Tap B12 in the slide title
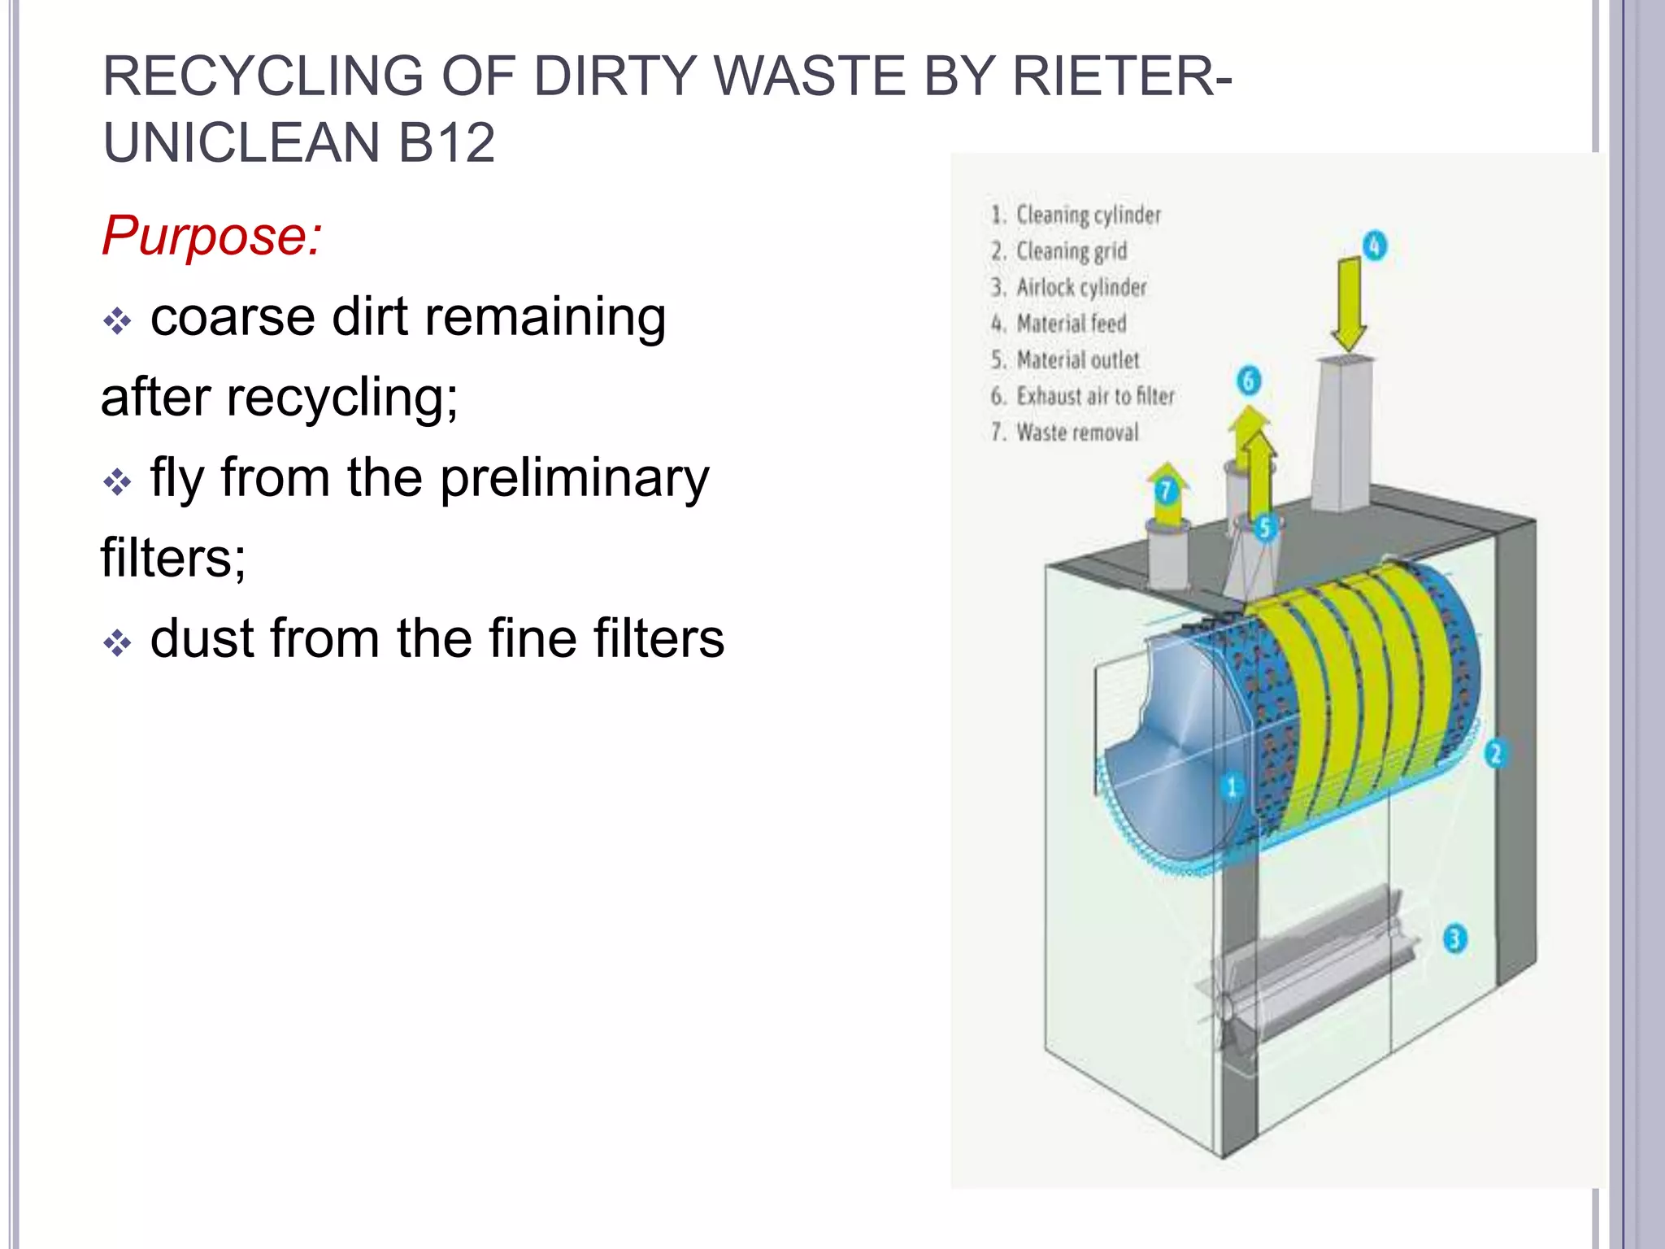[x=446, y=143]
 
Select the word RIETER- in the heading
[x=1122, y=76]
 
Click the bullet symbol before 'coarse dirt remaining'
[x=117, y=321]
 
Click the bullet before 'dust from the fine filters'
[x=117, y=643]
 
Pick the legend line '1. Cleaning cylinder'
[x=1076, y=215]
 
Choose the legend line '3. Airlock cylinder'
[x=1068, y=287]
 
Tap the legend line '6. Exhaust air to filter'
[x=1082, y=396]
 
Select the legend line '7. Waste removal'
[x=1064, y=432]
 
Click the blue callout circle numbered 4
[x=1374, y=246]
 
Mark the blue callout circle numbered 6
[x=1249, y=381]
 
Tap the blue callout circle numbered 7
[x=1166, y=491]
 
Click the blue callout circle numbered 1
[x=1231, y=786]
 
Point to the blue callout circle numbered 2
[x=1494, y=753]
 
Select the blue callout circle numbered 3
[x=1454, y=939]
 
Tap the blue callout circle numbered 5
[x=1264, y=529]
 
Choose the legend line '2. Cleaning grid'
[x=1059, y=251]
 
